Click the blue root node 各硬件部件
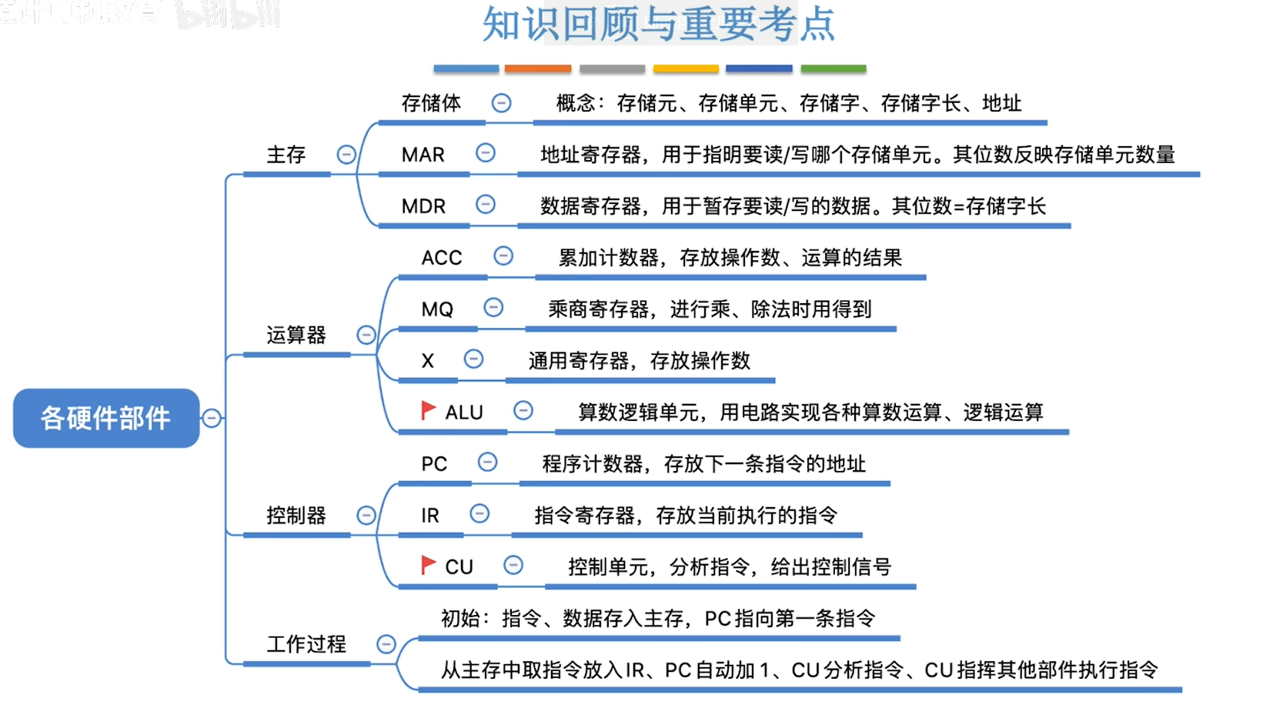pos(106,418)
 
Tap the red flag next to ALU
pos(428,411)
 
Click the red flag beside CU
pos(428,566)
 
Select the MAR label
pos(423,155)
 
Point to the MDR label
pos(423,206)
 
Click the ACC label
pos(441,258)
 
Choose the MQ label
pos(436,309)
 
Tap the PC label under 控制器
pos(433,464)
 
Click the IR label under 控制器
pos(429,516)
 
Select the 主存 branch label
pos(286,155)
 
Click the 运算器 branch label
pos(296,335)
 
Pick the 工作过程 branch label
pos(306,644)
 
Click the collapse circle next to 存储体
pos(501,102)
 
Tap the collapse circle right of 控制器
pos(366,515)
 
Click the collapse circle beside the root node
pos(212,418)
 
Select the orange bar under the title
pos(537,68)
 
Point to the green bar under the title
pos(833,68)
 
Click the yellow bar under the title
pos(685,68)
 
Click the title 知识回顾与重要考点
pos(658,25)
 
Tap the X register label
pos(427,361)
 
